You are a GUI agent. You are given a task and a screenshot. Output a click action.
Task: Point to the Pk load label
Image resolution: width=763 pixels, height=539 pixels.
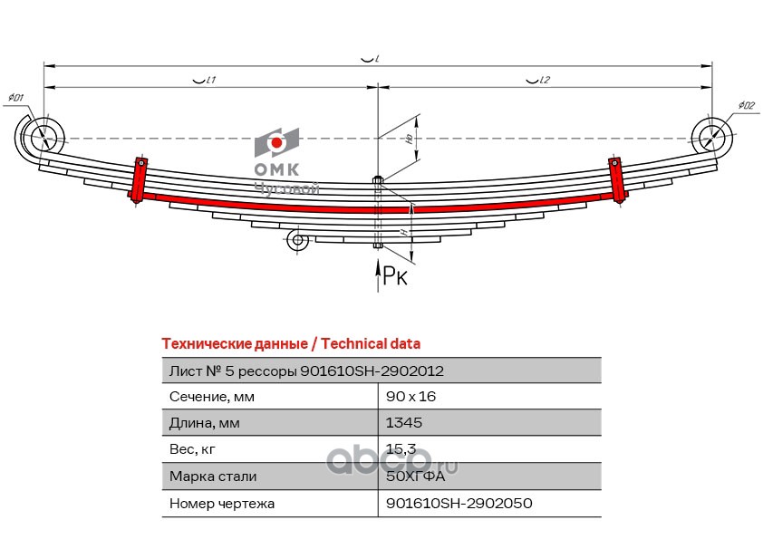click(395, 276)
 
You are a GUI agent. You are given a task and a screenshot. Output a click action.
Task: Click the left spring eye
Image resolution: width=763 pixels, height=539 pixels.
click(42, 139)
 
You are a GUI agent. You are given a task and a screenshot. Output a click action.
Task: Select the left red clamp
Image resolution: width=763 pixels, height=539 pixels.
click(139, 180)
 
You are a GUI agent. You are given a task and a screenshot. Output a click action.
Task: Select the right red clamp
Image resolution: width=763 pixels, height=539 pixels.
click(617, 179)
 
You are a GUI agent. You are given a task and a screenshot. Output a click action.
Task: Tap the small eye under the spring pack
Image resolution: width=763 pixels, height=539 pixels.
click(295, 240)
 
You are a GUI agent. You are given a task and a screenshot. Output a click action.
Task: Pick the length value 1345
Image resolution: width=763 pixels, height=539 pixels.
click(404, 423)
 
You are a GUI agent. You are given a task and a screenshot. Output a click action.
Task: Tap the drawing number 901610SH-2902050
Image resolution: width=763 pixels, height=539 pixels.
click(459, 503)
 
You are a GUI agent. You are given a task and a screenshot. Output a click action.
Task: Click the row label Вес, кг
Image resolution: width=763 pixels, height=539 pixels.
click(194, 449)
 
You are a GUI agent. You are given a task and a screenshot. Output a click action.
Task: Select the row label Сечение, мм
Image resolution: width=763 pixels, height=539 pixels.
click(212, 397)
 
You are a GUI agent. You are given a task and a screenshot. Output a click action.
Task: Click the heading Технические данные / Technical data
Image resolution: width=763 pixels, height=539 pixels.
click(290, 343)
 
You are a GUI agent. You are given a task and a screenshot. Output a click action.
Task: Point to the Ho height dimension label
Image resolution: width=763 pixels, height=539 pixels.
click(410, 139)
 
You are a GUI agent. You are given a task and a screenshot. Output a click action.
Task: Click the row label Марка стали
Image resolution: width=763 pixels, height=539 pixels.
click(212, 476)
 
